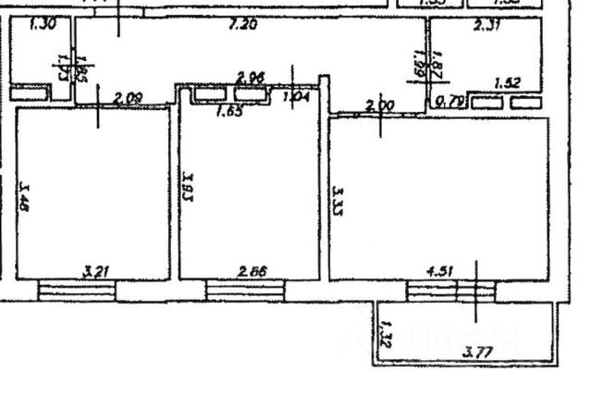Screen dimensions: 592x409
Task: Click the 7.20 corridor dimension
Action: [x=242, y=25]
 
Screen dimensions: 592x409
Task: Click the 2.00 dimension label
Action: [x=379, y=105]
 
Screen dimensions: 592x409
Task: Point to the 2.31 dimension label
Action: [x=487, y=26]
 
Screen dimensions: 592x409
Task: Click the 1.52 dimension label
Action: [x=507, y=83]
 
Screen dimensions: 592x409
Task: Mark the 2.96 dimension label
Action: [x=251, y=77]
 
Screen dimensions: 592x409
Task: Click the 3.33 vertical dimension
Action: [x=339, y=203]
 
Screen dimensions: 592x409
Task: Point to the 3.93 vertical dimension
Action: [x=188, y=185]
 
